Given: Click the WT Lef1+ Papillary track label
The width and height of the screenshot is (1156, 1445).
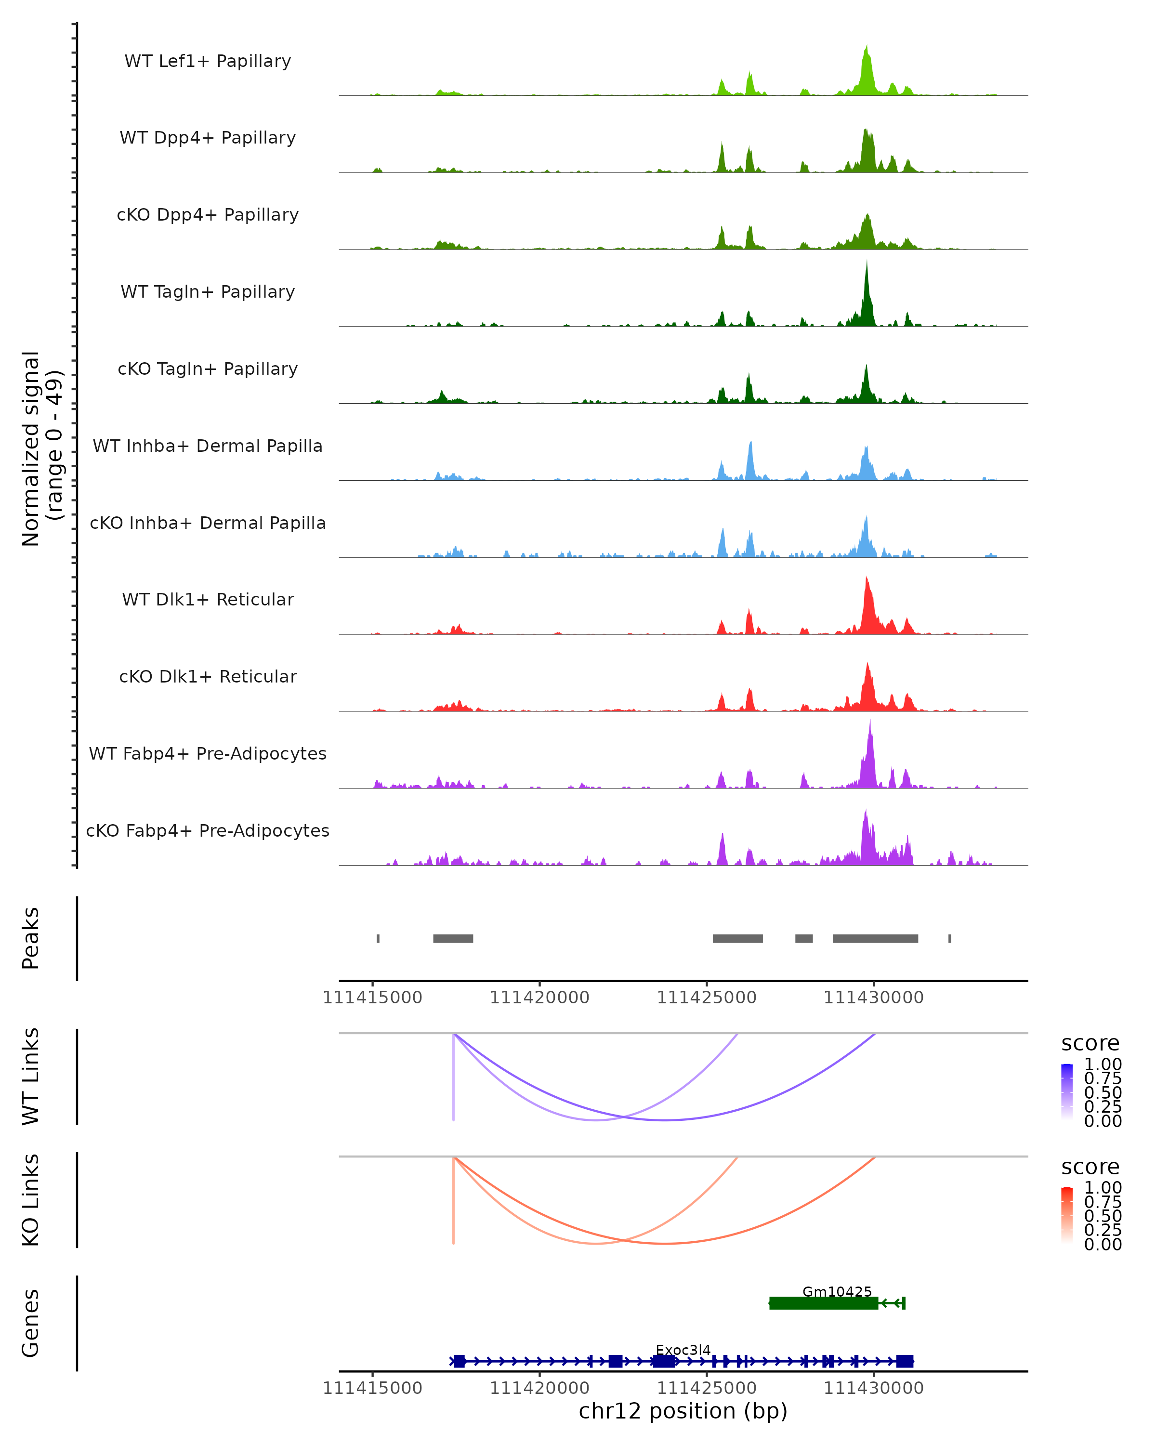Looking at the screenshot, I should coord(208,61).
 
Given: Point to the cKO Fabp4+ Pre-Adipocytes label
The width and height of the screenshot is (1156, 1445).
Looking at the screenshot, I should coord(208,830).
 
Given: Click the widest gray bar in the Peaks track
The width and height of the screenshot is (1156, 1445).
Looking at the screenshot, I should coord(875,938).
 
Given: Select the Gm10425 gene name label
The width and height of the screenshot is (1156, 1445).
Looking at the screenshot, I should coord(837,1291).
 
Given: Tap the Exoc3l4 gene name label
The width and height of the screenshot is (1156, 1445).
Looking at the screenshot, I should coord(683,1350).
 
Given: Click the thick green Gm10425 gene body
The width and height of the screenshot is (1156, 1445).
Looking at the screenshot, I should coord(824,1303).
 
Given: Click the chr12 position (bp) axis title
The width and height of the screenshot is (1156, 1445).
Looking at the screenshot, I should coord(683,1411).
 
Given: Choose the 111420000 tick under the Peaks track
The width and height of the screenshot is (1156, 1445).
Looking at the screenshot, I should coord(539,998).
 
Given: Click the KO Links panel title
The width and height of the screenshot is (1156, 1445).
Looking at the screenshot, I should coord(31,1200).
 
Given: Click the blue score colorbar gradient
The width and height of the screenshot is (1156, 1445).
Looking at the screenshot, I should coord(1067,1091).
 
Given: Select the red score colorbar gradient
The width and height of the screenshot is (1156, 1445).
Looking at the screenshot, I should coord(1067,1214).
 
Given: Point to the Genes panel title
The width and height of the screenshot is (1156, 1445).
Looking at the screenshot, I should coord(31,1323).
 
